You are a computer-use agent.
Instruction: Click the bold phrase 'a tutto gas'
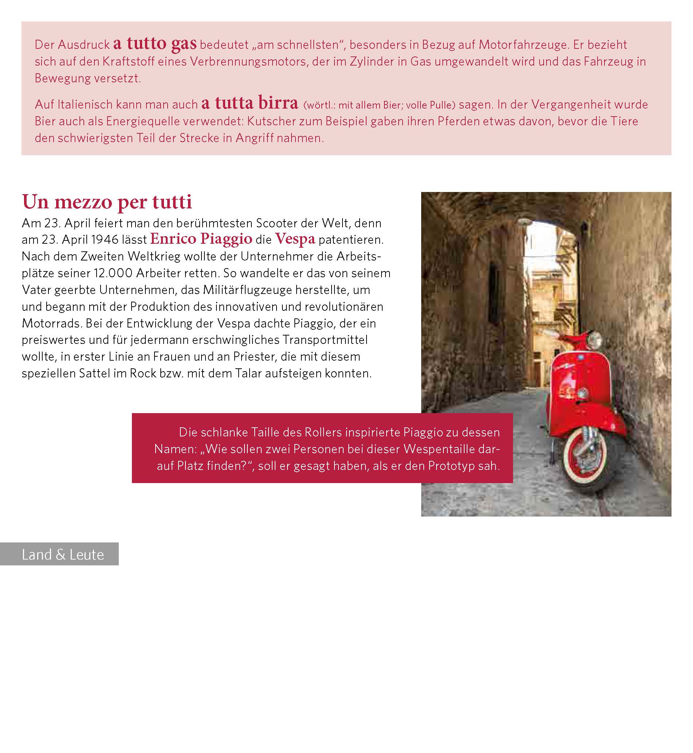(154, 43)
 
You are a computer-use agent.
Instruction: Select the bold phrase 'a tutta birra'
(250, 103)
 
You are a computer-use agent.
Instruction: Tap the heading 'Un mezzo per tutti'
(107, 202)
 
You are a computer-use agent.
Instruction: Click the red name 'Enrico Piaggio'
(201, 239)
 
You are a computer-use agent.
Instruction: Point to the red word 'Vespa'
(295, 239)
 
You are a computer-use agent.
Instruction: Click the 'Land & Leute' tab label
(63, 554)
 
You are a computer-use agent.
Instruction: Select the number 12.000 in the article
(113, 273)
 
